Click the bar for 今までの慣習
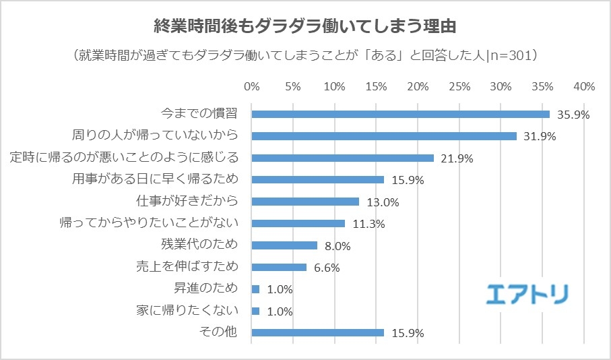[400, 114]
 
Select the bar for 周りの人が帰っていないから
[384, 136]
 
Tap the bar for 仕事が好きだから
[305, 201]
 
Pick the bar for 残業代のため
[284, 245]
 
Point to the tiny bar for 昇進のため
[255, 289]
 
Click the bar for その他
[317, 332]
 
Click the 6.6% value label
[326, 268]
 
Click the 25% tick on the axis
[459, 87]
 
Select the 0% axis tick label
[251, 87]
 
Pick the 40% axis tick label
[584, 87]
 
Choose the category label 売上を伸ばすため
[187, 266]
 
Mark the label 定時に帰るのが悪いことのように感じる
[125, 157]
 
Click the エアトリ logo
[527, 293]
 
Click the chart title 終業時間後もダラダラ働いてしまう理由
[305, 27]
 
